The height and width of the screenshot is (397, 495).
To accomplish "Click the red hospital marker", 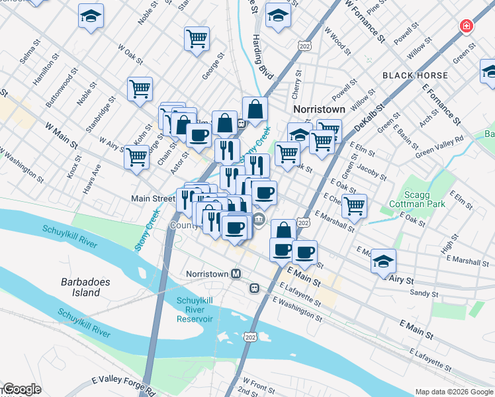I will (467, 26).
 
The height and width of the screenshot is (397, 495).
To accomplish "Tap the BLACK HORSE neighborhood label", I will (410, 75).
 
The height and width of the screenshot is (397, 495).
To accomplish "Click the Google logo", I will (21, 390).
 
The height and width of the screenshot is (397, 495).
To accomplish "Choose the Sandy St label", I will (424, 292).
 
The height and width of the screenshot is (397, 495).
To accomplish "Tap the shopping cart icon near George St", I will (197, 38).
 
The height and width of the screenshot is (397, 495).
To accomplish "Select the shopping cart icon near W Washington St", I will (136, 157).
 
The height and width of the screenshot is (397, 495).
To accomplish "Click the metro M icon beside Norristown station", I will (235, 273).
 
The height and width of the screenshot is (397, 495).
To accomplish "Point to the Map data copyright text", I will (455, 391).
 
